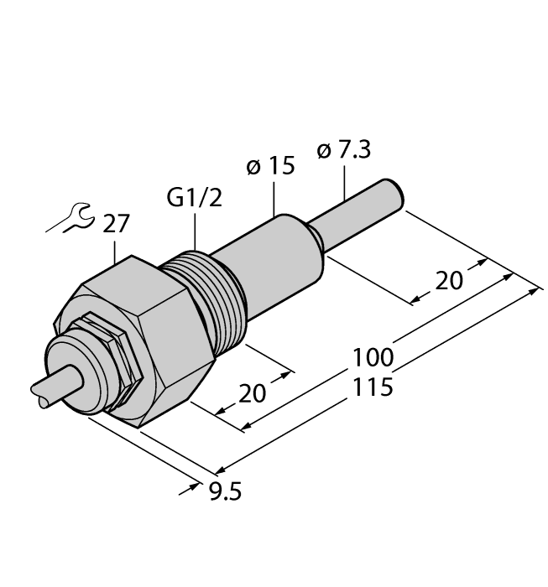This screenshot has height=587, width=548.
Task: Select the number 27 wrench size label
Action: (x=117, y=225)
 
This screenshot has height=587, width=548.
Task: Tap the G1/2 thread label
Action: (x=194, y=200)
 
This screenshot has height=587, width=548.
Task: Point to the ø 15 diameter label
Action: (x=271, y=166)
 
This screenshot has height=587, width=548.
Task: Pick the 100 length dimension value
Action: (x=373, y=357)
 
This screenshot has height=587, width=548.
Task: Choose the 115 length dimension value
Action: (x=373, y=388)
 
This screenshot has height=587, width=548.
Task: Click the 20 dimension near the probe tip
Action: (x=449, y=281)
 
